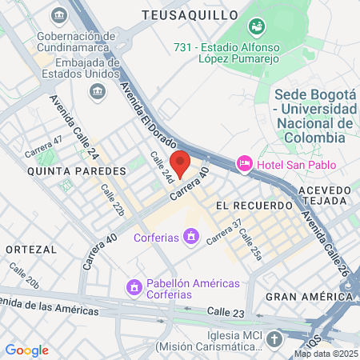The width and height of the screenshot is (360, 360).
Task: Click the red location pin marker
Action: pos(180,163)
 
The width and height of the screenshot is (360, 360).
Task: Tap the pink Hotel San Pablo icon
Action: pos(244,164)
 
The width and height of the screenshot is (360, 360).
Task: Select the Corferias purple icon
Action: pos(190,237)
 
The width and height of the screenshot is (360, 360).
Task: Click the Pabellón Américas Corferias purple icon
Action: pos(134,286)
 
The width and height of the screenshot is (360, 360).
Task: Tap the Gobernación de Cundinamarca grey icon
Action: pos(59,16)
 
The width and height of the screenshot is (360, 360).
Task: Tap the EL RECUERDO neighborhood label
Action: pos(254,206)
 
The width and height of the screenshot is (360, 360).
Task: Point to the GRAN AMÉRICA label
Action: pos(309,296)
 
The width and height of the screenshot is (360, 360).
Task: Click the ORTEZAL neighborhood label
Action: pos(31,250)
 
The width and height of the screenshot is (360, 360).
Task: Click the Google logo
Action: pos(26,350)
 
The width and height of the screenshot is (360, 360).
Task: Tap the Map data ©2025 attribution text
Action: pos(326,354)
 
